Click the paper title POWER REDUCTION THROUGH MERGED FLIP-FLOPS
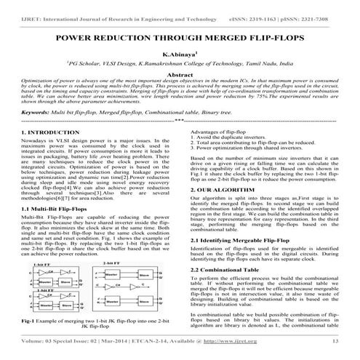[180, 36]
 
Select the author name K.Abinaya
[179, 54]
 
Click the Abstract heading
[180, 75]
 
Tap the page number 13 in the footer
[335, 340]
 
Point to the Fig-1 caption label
[28, 321]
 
